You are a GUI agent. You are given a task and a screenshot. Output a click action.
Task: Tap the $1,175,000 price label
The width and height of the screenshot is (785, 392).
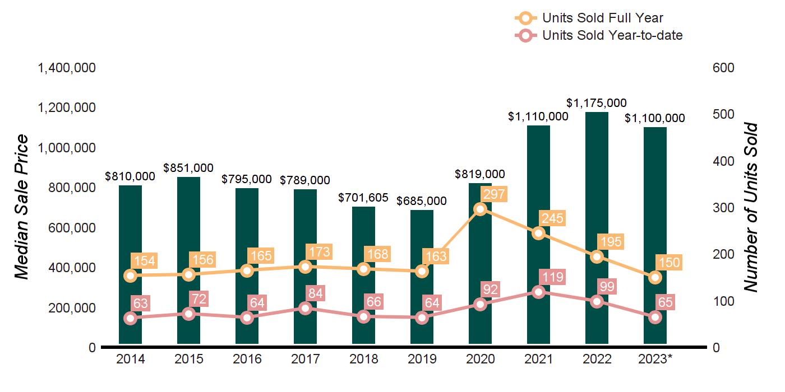coord(597,103)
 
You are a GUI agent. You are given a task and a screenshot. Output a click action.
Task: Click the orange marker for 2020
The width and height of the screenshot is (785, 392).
coord(480,209)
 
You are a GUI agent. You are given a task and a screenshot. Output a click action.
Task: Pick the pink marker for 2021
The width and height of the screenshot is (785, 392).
coord(538,292)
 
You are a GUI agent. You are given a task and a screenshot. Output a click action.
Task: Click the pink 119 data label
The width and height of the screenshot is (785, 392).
coord(552,277)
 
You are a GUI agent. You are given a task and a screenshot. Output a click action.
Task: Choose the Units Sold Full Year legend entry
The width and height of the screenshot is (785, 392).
coord(603,18)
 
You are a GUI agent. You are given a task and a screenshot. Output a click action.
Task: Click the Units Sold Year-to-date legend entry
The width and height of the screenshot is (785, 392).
coord(612,36)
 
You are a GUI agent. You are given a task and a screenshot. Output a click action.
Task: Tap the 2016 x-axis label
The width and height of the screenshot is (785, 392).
coord(247,359)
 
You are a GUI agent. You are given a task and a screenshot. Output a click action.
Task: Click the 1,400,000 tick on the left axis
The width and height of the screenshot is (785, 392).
coord(66,68)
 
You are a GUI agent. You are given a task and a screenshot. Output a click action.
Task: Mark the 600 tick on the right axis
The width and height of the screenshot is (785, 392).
coord(723,68)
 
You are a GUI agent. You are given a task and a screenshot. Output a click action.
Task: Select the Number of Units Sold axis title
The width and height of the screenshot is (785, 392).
coord(750,207)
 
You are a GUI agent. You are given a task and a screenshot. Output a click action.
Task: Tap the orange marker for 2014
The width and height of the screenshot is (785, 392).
coord(130,276)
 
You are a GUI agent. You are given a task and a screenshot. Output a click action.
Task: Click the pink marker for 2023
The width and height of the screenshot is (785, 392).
coord(655,318)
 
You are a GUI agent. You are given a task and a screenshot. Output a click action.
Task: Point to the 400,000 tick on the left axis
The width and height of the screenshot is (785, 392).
coord(66,268)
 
